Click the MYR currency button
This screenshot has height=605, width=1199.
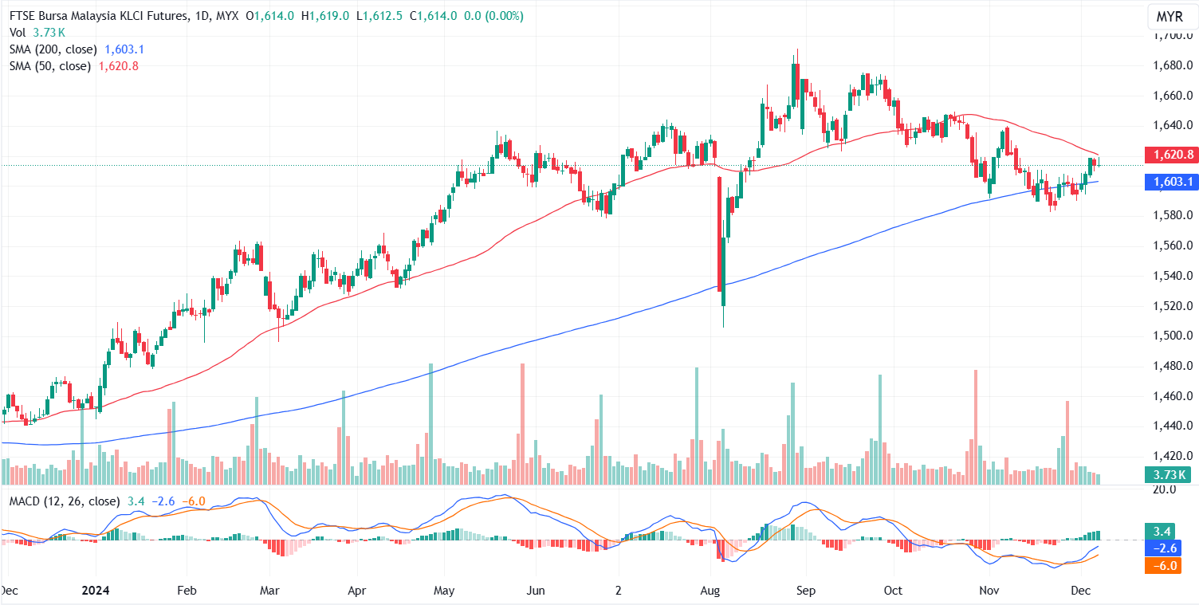[1170, 17]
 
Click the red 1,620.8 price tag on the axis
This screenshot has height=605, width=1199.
[1170, 155]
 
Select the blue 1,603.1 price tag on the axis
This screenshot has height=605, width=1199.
[1170, 183]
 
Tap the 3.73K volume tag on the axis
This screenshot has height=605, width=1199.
[1170, 476]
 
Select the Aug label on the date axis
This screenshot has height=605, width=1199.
[710, 591]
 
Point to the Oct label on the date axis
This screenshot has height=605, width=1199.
[894, 591]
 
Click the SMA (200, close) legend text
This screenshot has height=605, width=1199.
[53, 49]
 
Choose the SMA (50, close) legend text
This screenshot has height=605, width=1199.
[50, 66]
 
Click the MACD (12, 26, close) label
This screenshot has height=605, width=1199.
[64, 501]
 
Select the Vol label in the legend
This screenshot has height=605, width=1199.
[18, 33]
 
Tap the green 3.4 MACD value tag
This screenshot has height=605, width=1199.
[1170, 532]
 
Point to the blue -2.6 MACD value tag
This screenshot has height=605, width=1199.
[1170, 548]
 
